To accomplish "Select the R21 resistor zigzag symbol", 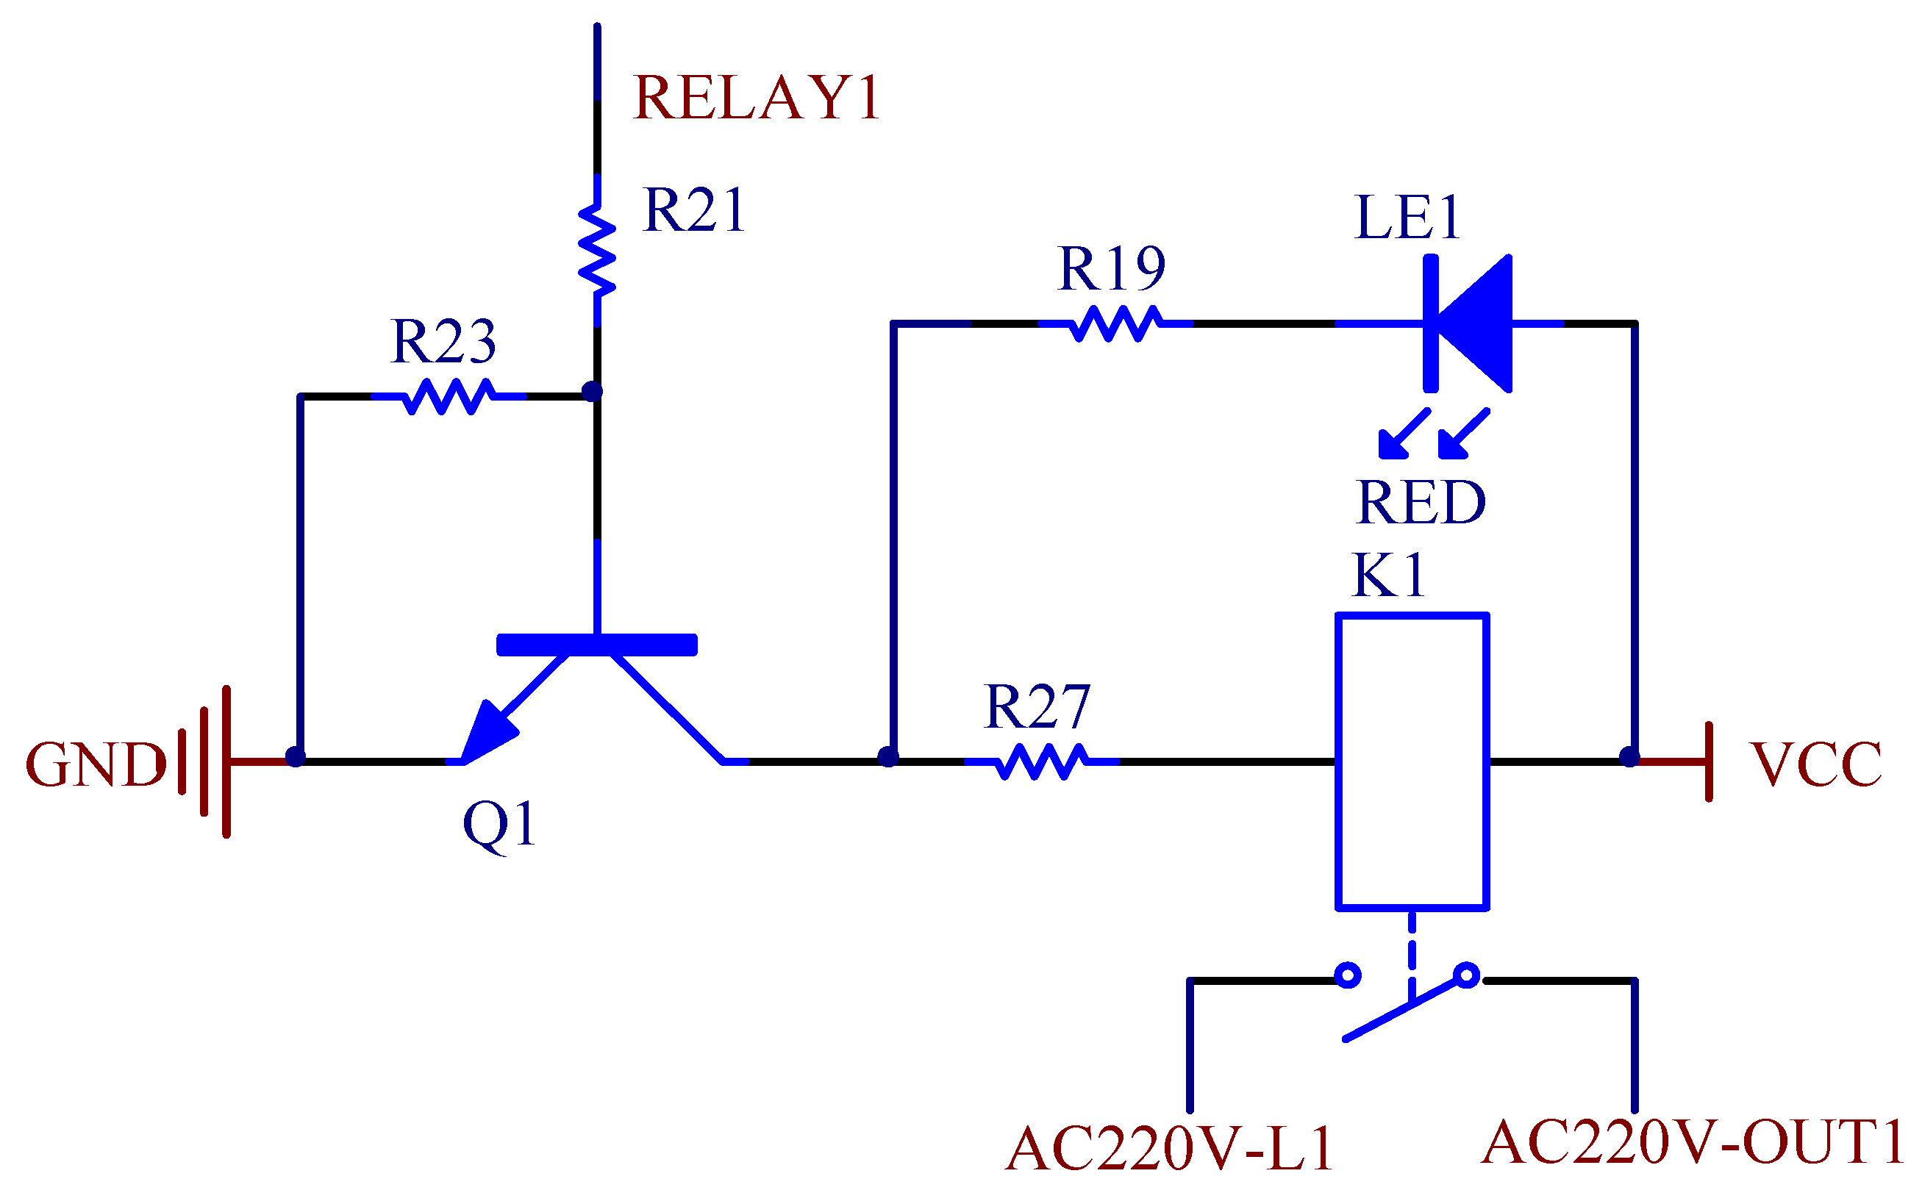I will coord(596,251).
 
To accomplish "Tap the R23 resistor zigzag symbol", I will coord(449,396).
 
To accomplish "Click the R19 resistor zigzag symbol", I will coord(1115,323).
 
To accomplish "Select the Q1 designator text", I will coord(499,823).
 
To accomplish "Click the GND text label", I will coord(96,764).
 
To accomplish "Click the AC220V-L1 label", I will coord(1169,1148).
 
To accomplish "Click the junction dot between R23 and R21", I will coord(592,391).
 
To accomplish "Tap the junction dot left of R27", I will coord(887,757).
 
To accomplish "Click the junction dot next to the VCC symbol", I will coord(1629,757).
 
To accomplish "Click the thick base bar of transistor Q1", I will coord(596,645).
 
